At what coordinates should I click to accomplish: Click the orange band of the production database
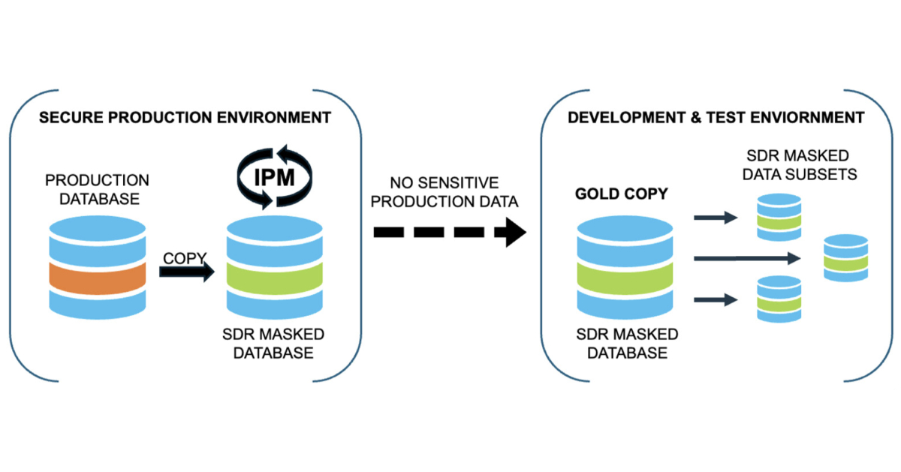pyautogui.click(x=96, y=277)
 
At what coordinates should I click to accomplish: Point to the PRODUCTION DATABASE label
pyautogui.click(x=97, y=188)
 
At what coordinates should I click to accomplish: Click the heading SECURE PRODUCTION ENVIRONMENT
pyautogui.click(x=185, y=118)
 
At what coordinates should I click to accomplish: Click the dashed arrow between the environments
pyautogui.click(x=449, y=232)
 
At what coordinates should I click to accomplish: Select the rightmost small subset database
pyautogui.click(x=845, y=258)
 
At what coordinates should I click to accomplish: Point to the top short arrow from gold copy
pyautogui.click(x=714, y=218)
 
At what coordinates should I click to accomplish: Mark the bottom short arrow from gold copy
pyautogui.click(x=714, y=300)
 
